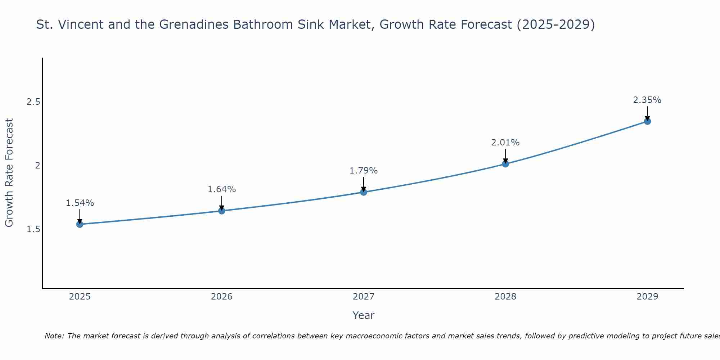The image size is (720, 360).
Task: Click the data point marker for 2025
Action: tap(80, 224)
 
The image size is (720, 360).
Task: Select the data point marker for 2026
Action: tap(222, 211)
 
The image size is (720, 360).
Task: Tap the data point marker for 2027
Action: tap(364, 192)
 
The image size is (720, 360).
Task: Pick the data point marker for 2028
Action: tap(505, 164)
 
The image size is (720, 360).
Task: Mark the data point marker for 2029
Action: tap(647, 121)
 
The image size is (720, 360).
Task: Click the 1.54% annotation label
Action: tap(80, 203)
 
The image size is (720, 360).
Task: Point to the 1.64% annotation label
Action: tap(222, 189)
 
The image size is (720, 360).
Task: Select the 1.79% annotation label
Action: tap(364, 171)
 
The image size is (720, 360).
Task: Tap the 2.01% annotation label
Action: tap(505, 143)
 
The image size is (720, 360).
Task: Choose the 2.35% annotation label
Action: tap(647, 100)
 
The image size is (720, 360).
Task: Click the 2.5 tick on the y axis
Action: tap(33, 102)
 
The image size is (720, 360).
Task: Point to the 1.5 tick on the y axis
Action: tap(33, 229)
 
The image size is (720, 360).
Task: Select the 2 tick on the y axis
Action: tap(37, 166)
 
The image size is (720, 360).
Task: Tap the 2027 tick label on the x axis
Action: tap(364, 297)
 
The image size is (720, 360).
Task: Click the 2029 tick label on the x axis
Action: tap(647, 297)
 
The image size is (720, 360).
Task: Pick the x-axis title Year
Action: tap(364, 315)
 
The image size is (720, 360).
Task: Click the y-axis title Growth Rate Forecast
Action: tap(9, 173)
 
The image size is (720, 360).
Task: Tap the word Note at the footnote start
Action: tap(54, 336)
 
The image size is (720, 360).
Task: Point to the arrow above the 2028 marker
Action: tap(505, 156)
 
